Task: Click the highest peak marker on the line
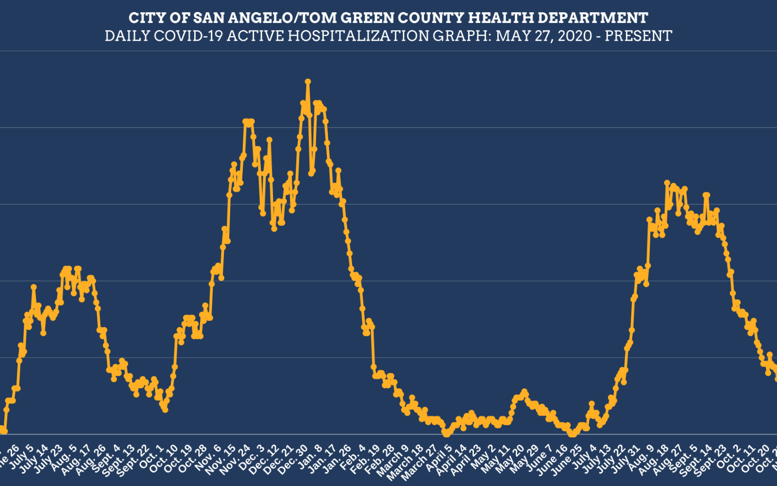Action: pyautogui.click(x=308, y=82)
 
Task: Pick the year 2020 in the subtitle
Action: pyautogui.click(x=574, y=36)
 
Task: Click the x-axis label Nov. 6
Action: pyautogui.click(x=209, y=458)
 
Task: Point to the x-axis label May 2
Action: pyautogui.click(x=484, y=458)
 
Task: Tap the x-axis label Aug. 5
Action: pyautogui.click(x=65, y=458)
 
